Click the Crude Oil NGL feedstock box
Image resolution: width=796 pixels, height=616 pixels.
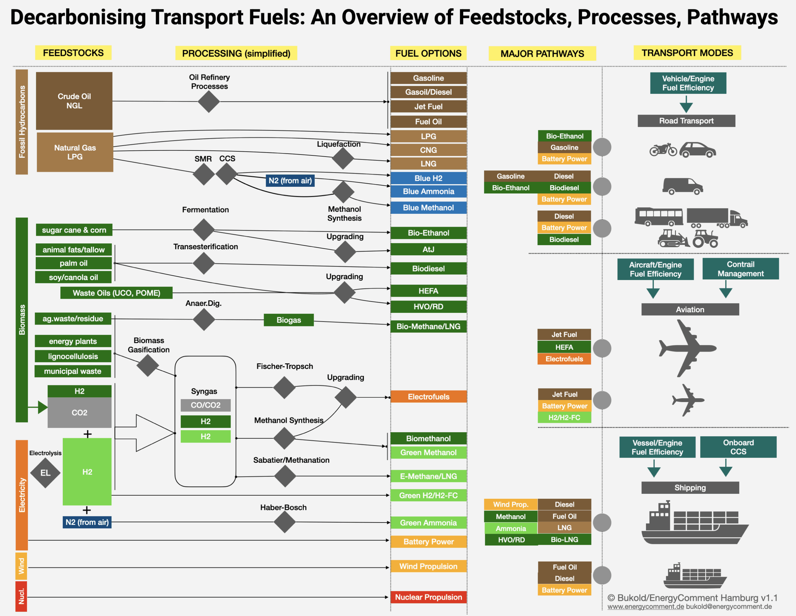pos(74,101)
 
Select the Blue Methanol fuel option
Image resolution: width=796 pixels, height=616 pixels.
pos(428,208)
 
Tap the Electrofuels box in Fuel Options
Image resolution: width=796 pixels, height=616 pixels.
pos(428,397)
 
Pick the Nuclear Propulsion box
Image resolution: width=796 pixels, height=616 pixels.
pos(428,597)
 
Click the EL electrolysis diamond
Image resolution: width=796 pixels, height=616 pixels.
pos(45,473)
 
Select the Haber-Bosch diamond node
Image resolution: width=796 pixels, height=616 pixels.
pos(284,522)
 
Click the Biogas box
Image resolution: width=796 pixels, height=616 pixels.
pos(289,320)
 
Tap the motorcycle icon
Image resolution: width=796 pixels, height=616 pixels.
pos(663,149)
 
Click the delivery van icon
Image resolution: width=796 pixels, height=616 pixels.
pos(682,186)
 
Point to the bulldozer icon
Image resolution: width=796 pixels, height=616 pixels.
pos(673,239)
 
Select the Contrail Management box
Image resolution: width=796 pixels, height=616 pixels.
pos(740,269)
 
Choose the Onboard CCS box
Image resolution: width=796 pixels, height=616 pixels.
pos(738,447)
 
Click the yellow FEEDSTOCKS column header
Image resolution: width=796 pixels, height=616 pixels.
pos(73,53)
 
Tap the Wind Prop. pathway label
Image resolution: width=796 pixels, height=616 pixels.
pos(510,504)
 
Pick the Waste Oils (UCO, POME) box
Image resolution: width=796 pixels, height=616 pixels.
pos(116,293)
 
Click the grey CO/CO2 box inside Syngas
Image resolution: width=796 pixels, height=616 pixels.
pos(206,405)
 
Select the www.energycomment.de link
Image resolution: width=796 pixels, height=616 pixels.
pos(646,607)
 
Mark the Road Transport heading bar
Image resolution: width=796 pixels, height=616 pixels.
pos(686,121)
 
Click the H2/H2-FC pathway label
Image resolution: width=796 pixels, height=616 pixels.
pos(564,417)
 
